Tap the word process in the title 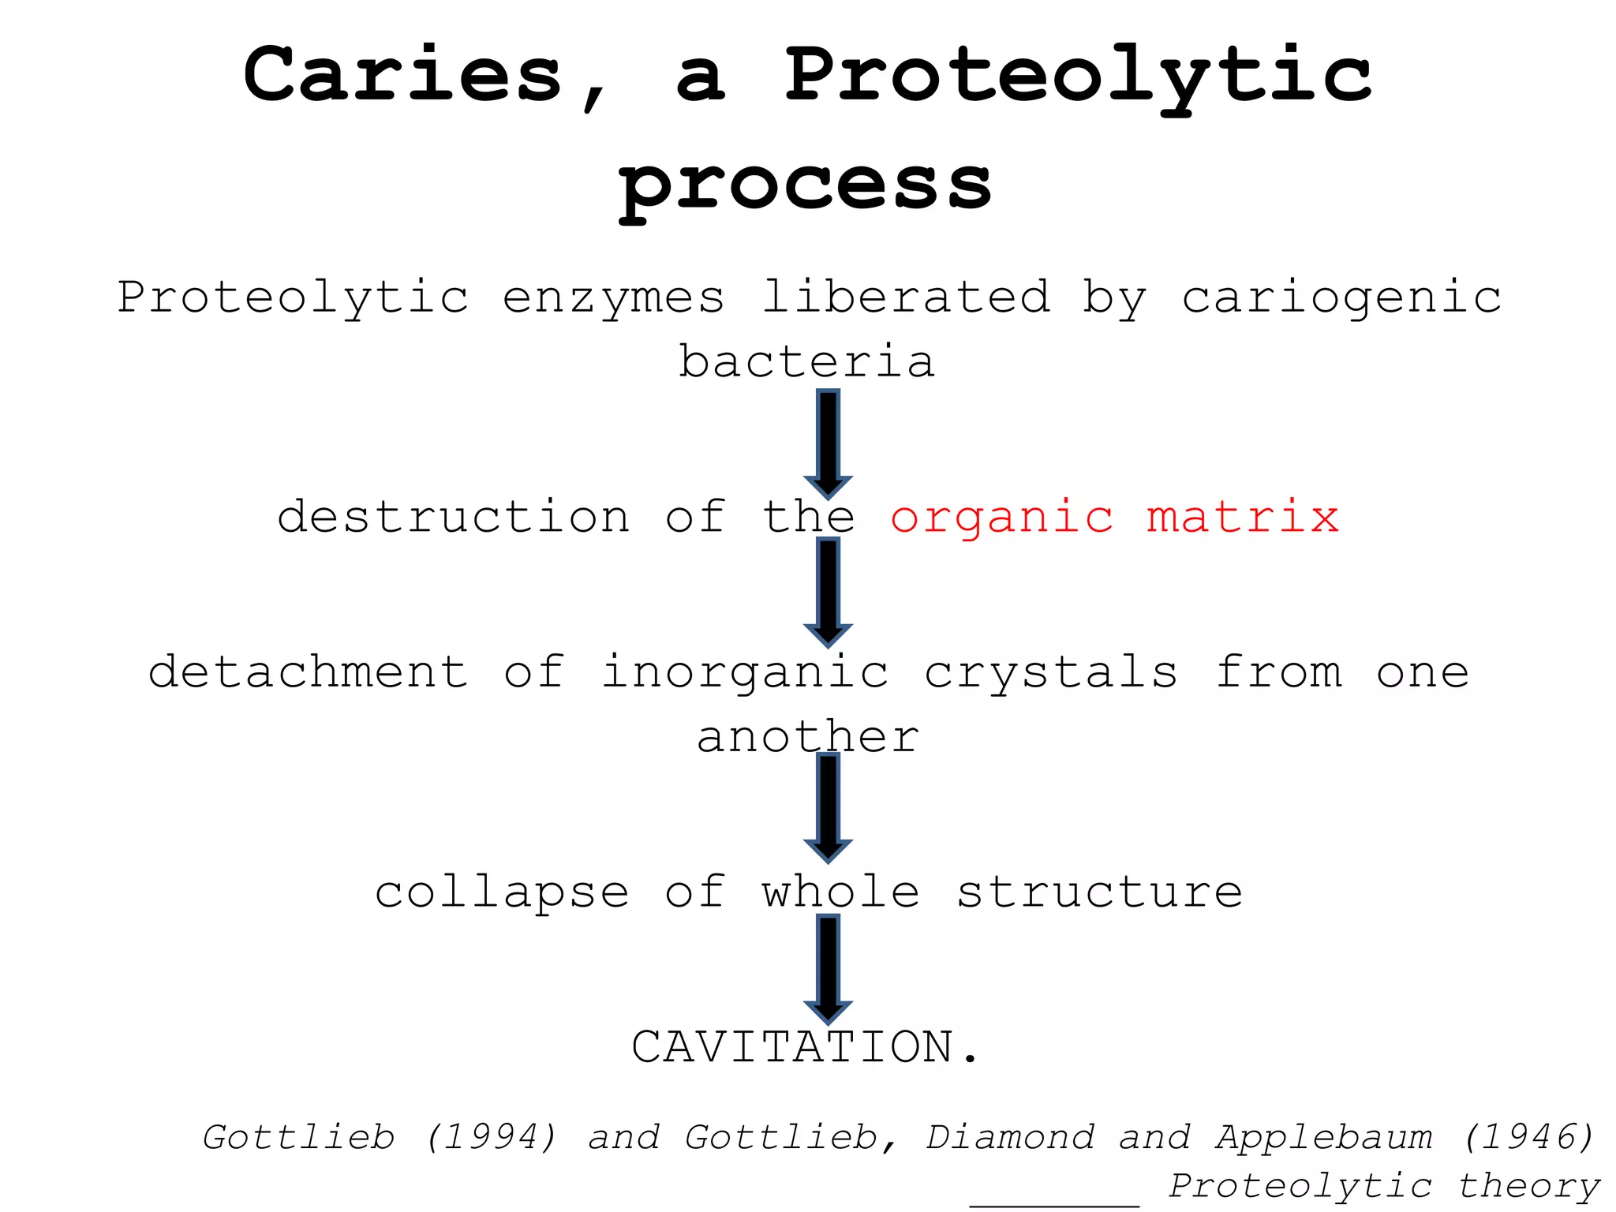805,185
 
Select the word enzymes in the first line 613,298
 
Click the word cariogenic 1341,298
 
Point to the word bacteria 806,362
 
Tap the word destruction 454,518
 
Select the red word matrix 1243,518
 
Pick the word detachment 309,672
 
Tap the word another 808,737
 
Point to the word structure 1100,892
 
